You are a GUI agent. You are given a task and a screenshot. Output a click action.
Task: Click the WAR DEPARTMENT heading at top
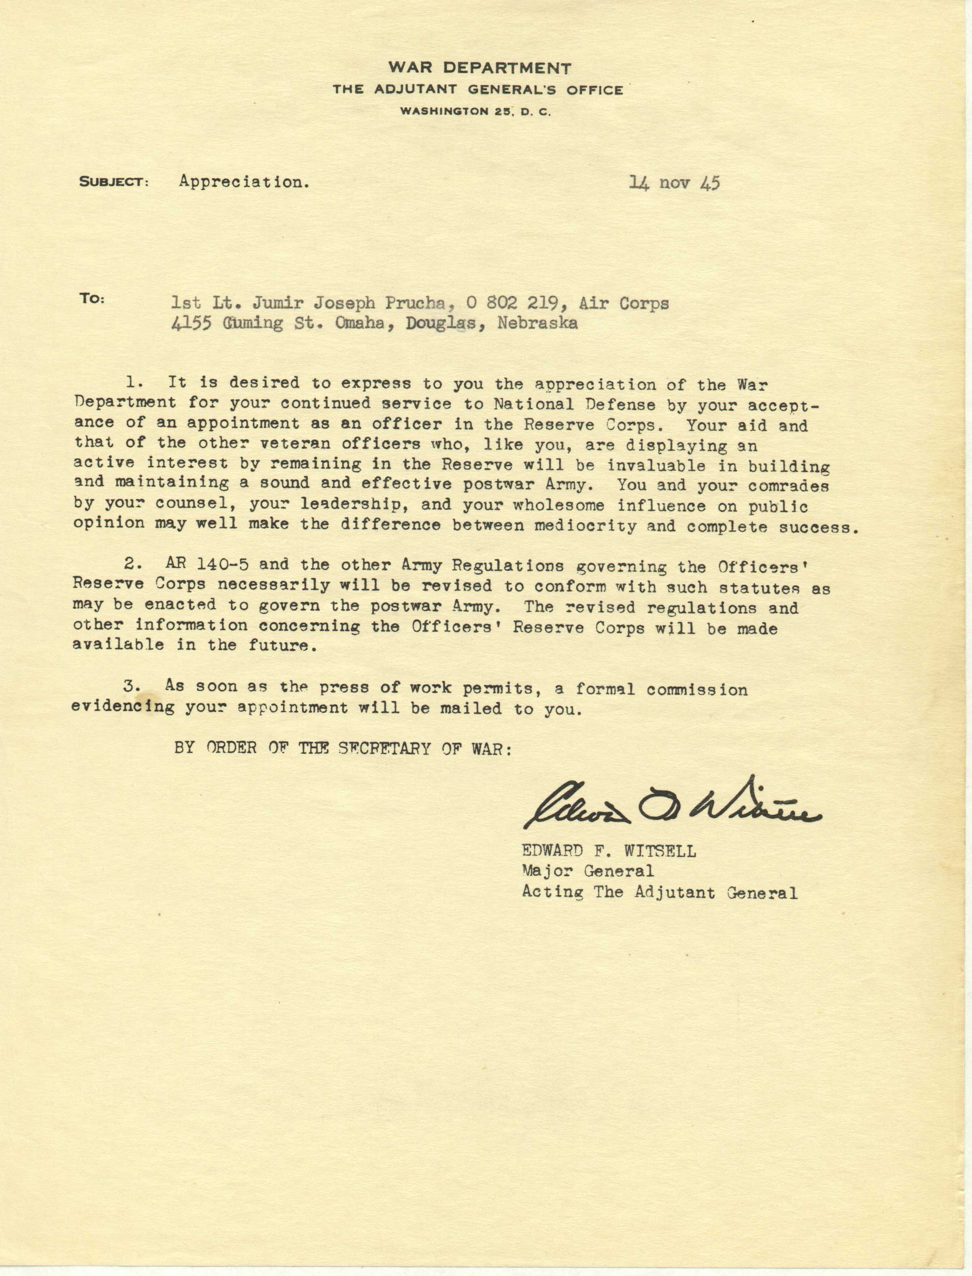coord(480,68)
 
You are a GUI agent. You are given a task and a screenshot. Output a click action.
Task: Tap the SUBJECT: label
coord(114,182)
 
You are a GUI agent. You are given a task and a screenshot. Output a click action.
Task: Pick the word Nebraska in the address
coord(537,324)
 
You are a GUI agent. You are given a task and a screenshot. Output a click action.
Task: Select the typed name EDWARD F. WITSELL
coord(609,851)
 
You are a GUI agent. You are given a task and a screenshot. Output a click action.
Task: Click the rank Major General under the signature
coord(588,871)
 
